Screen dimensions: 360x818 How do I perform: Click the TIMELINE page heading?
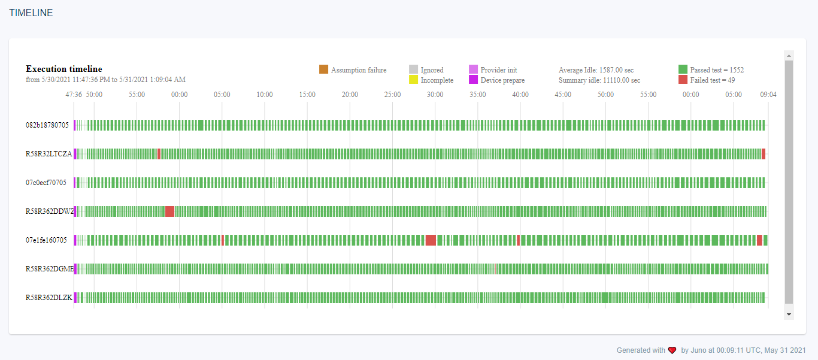(31, 13)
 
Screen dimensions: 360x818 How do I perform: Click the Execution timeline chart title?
(64, 69)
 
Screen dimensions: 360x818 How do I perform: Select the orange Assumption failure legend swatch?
(323, 69)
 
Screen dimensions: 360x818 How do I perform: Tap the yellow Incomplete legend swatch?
(413, 80)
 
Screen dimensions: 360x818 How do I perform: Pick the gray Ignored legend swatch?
(413, 69)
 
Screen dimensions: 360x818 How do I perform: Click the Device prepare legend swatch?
(473, 80)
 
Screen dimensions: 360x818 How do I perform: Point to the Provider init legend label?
(498, 70)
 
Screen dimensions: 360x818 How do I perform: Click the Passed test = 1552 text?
(717, 70)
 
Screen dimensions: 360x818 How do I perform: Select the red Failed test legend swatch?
(683, 80)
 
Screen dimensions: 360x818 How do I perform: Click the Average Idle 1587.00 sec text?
(596, 70)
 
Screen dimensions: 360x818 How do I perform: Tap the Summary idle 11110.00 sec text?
(599, 80)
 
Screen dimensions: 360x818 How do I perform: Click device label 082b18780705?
(47, 125)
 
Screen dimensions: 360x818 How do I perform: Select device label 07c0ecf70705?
(46, 183)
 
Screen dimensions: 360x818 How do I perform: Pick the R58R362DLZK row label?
(49, 298)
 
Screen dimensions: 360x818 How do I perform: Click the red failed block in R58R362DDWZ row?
(169, 211)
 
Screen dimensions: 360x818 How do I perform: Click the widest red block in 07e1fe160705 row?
(431, 240)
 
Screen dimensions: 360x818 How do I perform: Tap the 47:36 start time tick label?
(74, 95)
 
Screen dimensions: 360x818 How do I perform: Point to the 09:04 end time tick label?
(768, 95)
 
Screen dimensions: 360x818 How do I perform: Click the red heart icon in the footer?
(672, 350)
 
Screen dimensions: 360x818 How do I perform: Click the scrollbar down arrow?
(789, 314)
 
